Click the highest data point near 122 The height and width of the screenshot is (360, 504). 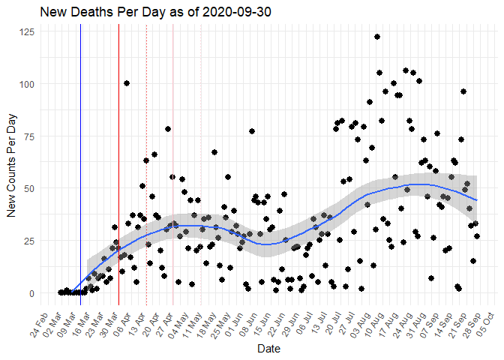(x=377, y=37)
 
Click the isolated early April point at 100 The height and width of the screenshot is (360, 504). (x=127, y=83)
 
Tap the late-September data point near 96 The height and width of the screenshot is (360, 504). (x=463, y=91)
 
